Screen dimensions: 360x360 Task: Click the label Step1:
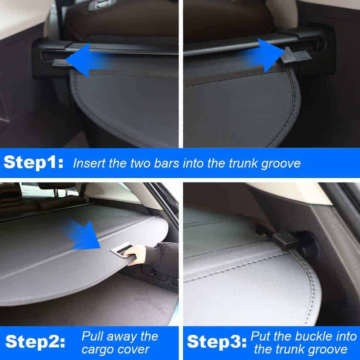tap(33, 163)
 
